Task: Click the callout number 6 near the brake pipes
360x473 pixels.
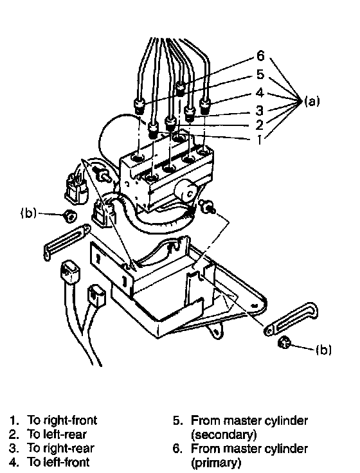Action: click(260, 56)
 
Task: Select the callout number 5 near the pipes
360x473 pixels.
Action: click(260, 74)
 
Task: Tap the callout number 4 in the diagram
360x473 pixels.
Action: click(260, 93)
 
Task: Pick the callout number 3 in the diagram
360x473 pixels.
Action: click(259, 111)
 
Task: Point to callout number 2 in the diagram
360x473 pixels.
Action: click(259, 125)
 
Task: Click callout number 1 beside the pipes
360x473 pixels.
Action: click(259, 139)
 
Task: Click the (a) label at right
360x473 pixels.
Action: click(311, 102)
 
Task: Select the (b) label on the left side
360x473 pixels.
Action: click(28, 213)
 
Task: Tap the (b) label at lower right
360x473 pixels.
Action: click(323, 350)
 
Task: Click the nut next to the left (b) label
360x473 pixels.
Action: click(69, 216)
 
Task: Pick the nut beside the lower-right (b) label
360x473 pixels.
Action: click(283, 343)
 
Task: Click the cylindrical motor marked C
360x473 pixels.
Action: click(186, 192)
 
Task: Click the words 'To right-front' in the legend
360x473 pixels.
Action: click(62, 420)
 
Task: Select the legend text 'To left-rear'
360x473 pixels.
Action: click(57, 434)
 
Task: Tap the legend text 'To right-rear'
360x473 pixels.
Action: click(60, 448)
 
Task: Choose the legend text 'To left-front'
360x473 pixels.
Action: click(59, 462)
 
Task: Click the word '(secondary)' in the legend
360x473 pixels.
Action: click(224, 434)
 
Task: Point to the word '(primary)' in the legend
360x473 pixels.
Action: click(216, 463)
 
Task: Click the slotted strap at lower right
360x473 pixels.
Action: click(291, 319)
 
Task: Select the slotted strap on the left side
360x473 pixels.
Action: click(67, 241)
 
